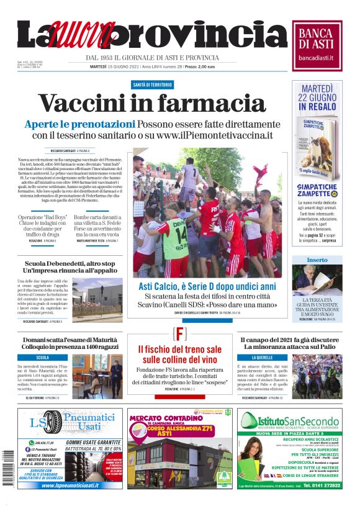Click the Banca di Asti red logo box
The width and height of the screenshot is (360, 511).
(x=317, y=43)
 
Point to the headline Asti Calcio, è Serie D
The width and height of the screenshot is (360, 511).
(x=207, y=287)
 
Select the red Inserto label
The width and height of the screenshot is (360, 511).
(x=317, y=260)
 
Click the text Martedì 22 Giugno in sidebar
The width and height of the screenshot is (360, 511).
(x=317, y=95)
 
